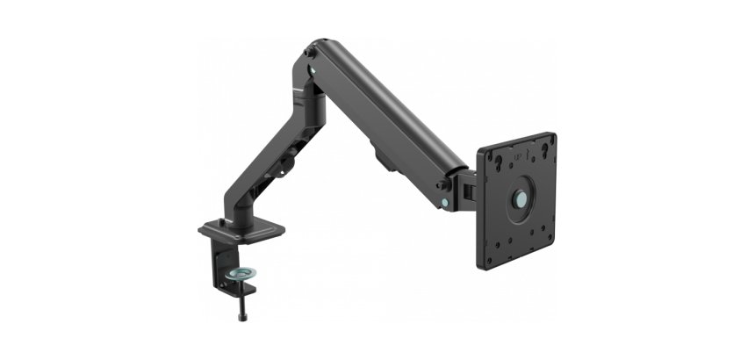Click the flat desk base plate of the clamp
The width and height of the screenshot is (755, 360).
click(241, 231)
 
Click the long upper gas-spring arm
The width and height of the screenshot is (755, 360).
click(386, 110)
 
